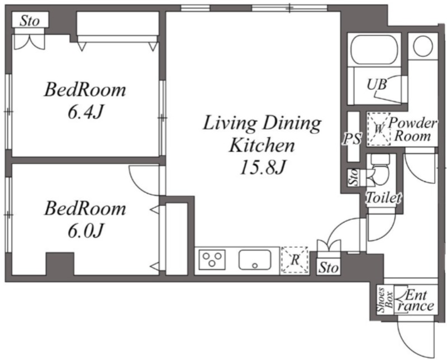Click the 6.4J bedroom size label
click(85, 113)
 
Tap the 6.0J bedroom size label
click(85, 231)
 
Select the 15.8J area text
click(263, 167)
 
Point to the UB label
click(377, 84)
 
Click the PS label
click(353, 140)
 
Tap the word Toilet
click(384, 198)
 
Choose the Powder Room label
click(412, 129)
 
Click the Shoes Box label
click(385, 300)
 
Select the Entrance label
click(416, 301)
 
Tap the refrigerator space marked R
click(295, 260)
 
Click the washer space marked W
click(379, 129)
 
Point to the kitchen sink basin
click(255, 260)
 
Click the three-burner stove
click(212, 260)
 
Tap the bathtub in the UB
click(374, 51)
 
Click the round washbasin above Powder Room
click(423, 46)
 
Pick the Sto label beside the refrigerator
click(329, 268)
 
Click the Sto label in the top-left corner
click(30, 21)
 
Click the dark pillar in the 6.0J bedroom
click(60, 263)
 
